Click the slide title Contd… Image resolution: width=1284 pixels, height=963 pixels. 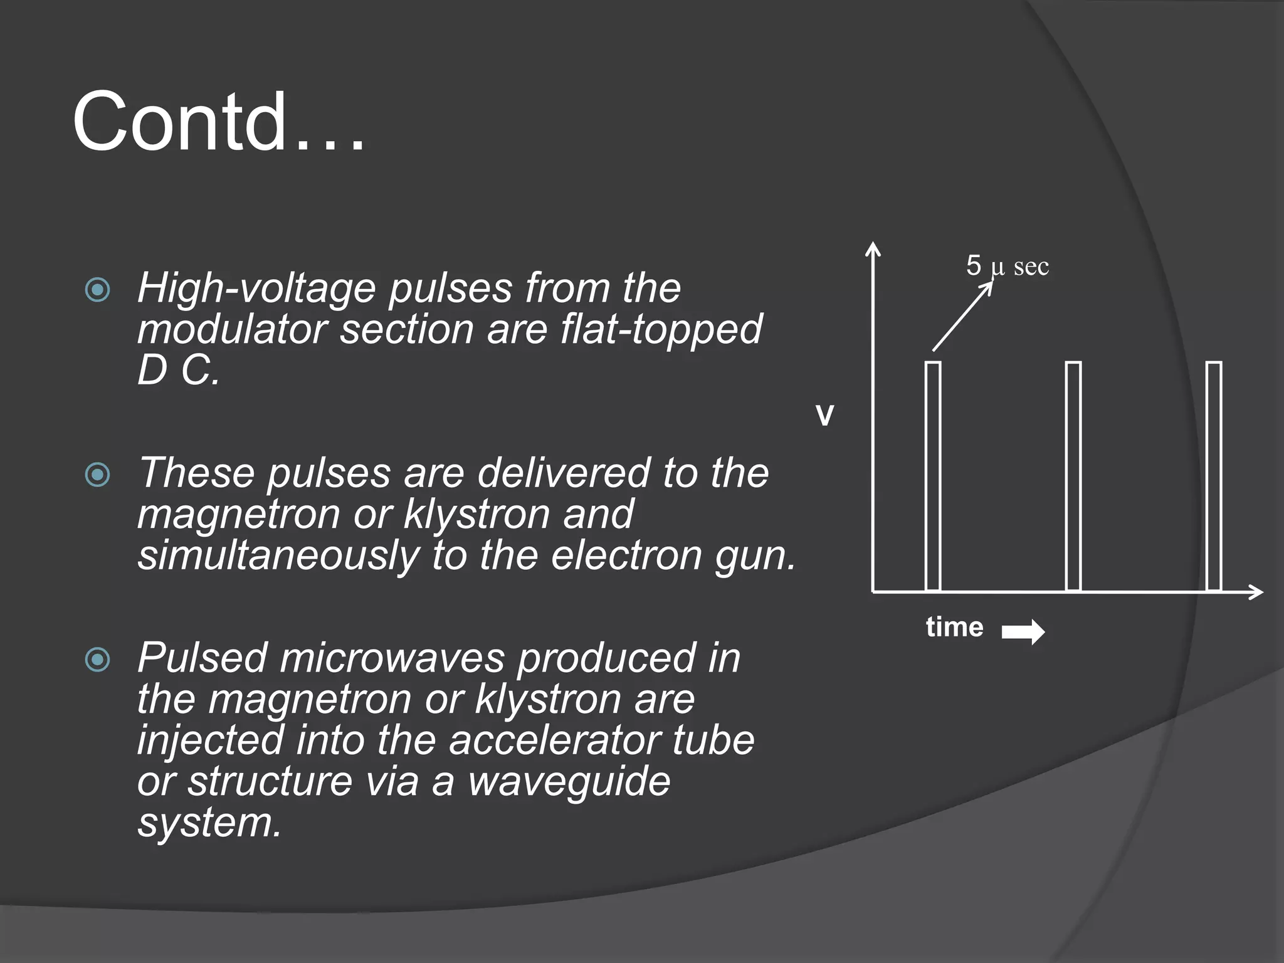pyautogui.click(x=218, y=122)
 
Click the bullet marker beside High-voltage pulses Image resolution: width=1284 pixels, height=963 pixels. pyautogui.click(x=97, y=290)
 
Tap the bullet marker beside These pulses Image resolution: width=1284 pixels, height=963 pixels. pyautogui.click(x=97, y=475)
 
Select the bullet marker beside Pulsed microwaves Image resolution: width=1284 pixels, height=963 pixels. pyautogui.click(x=97, y=660)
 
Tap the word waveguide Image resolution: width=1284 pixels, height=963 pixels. pyautogui.click(x=569, y=781)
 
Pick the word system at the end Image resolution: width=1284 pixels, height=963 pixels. pyautogui.click(x=209, y=823)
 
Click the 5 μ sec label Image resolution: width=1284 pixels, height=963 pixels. pyautogui.click(x=1007, y=266)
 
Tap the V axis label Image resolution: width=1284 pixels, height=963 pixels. pyautogui.click(x=824, y=416)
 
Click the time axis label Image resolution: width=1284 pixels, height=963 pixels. pyautogui.click(x=954, y=627)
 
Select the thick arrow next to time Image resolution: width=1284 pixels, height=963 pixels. pyautogui.click(x=1023, y=631)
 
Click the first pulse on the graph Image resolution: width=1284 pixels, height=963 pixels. pyautogui.click(x=933, y=476)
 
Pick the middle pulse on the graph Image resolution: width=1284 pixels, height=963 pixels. pyautogui.click(x=1073, y=476)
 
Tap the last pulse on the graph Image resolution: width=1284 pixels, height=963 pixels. pyautogui.click(x=1214, y=476)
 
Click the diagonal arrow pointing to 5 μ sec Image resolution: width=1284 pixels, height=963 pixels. pyautogui.click(x=962, y=317)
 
